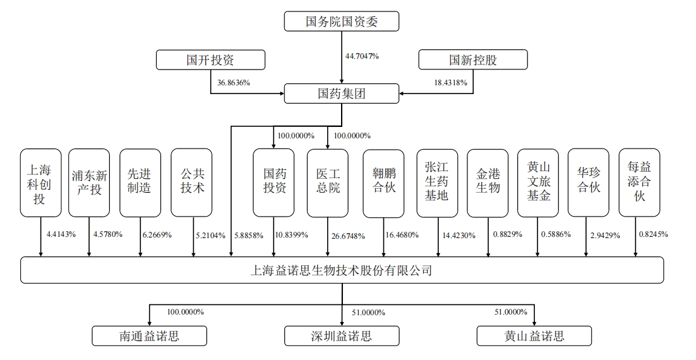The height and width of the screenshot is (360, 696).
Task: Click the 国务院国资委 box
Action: pos(341,21)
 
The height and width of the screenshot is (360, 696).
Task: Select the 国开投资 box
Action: pos(210,59)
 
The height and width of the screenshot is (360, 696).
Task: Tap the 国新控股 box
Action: pos(472,59)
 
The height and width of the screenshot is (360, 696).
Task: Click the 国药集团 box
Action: pos(341,93)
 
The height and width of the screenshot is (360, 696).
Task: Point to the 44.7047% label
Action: pos(362,56)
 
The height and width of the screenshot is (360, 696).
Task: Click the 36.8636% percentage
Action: pos(234,83)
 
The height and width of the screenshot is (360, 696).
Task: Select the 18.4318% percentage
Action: pos(450,83)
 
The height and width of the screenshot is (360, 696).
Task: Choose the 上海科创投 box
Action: pos(41,183)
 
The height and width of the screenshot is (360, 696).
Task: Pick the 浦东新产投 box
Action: pos(89,183)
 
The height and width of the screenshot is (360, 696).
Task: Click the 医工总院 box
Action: pos(328,183)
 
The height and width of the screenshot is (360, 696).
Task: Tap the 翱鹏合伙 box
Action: pos(383,183)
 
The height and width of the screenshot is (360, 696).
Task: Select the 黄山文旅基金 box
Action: pos(538,183)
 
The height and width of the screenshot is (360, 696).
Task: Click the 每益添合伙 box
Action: pos(639,183)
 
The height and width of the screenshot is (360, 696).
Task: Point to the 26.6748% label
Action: pos(348,236)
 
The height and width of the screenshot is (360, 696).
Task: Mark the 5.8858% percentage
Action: pos(249,235)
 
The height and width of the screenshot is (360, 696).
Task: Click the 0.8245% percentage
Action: pos(654,234)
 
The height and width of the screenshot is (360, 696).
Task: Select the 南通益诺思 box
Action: pos(149,336)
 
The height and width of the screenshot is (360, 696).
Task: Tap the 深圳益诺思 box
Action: pos(341,336)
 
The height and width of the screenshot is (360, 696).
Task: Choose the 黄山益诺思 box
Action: pos(534,336)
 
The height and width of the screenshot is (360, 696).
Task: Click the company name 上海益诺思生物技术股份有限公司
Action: pos(341,270)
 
